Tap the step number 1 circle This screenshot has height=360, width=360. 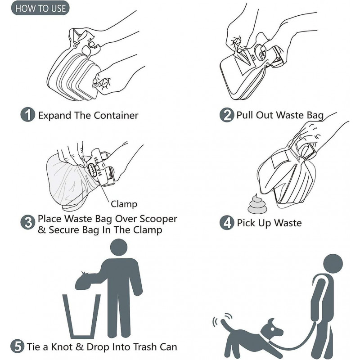click(28, 115)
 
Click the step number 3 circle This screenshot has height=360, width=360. click(28, 222)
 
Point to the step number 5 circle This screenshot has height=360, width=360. click(17, 346)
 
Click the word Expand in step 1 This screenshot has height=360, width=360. click(53, 115)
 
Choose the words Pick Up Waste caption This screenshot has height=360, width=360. click(269, 223)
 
